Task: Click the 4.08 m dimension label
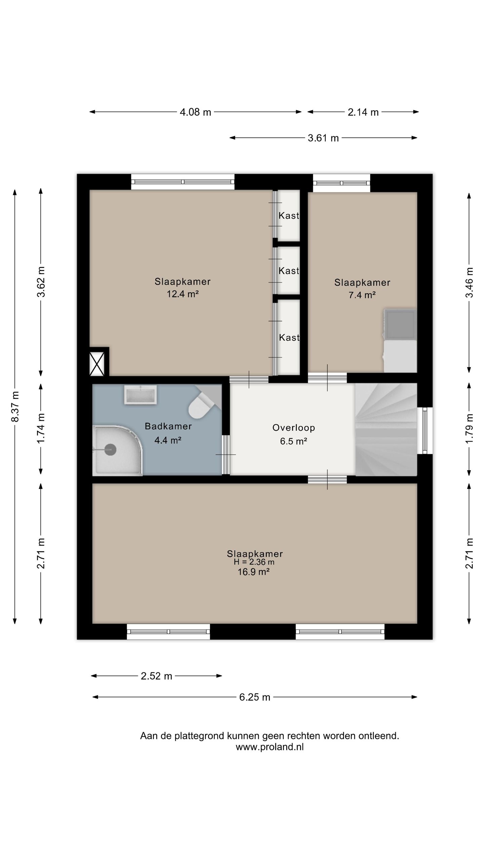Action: tap(195, 112)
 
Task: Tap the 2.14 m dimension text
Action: tap(363, 112)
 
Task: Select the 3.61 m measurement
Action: tap(323, 138)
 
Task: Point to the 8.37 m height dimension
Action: tap(15, 406)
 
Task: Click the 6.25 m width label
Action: tap(254, 697)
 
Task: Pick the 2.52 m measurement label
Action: tap(156, 676)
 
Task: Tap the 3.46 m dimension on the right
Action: tap(469, 282)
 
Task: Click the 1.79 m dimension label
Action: tap(469, 428)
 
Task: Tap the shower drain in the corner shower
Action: tap(110, 449)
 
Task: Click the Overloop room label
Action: tap(293, 428)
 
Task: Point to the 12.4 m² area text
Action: tap(183, 294)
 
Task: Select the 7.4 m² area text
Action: tap(362, 295)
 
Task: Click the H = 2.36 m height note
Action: tap(254, 562)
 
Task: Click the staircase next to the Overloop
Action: tap(386, 429)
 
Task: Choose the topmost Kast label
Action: tap(289, 216)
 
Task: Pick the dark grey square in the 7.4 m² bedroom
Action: tap(400, 325)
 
